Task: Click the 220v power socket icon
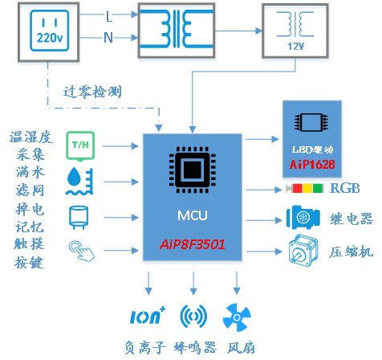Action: pyautogui.click(x=50, y=31)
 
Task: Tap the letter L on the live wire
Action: pyautogui.click(x=109, y=17)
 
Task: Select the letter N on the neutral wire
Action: pyautogui.click(x=108, y=38)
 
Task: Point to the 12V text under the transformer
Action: pyautogui.click(x=295, y=47)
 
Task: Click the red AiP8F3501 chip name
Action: pyautogui.click(x=193, y=244)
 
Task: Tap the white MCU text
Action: pyautogui.click(x=193, y=215)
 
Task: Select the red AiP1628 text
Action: pyautogui.click(x=312, y=165)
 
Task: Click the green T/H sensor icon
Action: pyautogui.click(x=80, y=146)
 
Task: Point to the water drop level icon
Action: pyautogui.click(x=79, y=181)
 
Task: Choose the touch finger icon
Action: pyautogui.click(x=82, y=251)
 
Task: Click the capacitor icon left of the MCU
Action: pyautogui.click(x=79, y=217)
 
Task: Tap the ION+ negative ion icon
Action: pyautogui.click(x=148, y=315)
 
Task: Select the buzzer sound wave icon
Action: pyautogui.click(x=193, y=317)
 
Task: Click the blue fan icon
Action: pyautogui.click(x=237, y=317)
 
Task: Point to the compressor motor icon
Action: pyautogui.click(x=303, y=251)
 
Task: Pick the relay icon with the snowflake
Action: pyautogui.click(x=303, y=217)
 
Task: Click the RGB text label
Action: pyautogui.click(x=345, y=188)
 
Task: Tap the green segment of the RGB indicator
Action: pyautogui.click(x=318, y=188)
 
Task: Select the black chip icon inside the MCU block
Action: pyautogui.click(x=193, y=170)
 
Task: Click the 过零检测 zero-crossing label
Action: pyautogui.click(x=92, y=92)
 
